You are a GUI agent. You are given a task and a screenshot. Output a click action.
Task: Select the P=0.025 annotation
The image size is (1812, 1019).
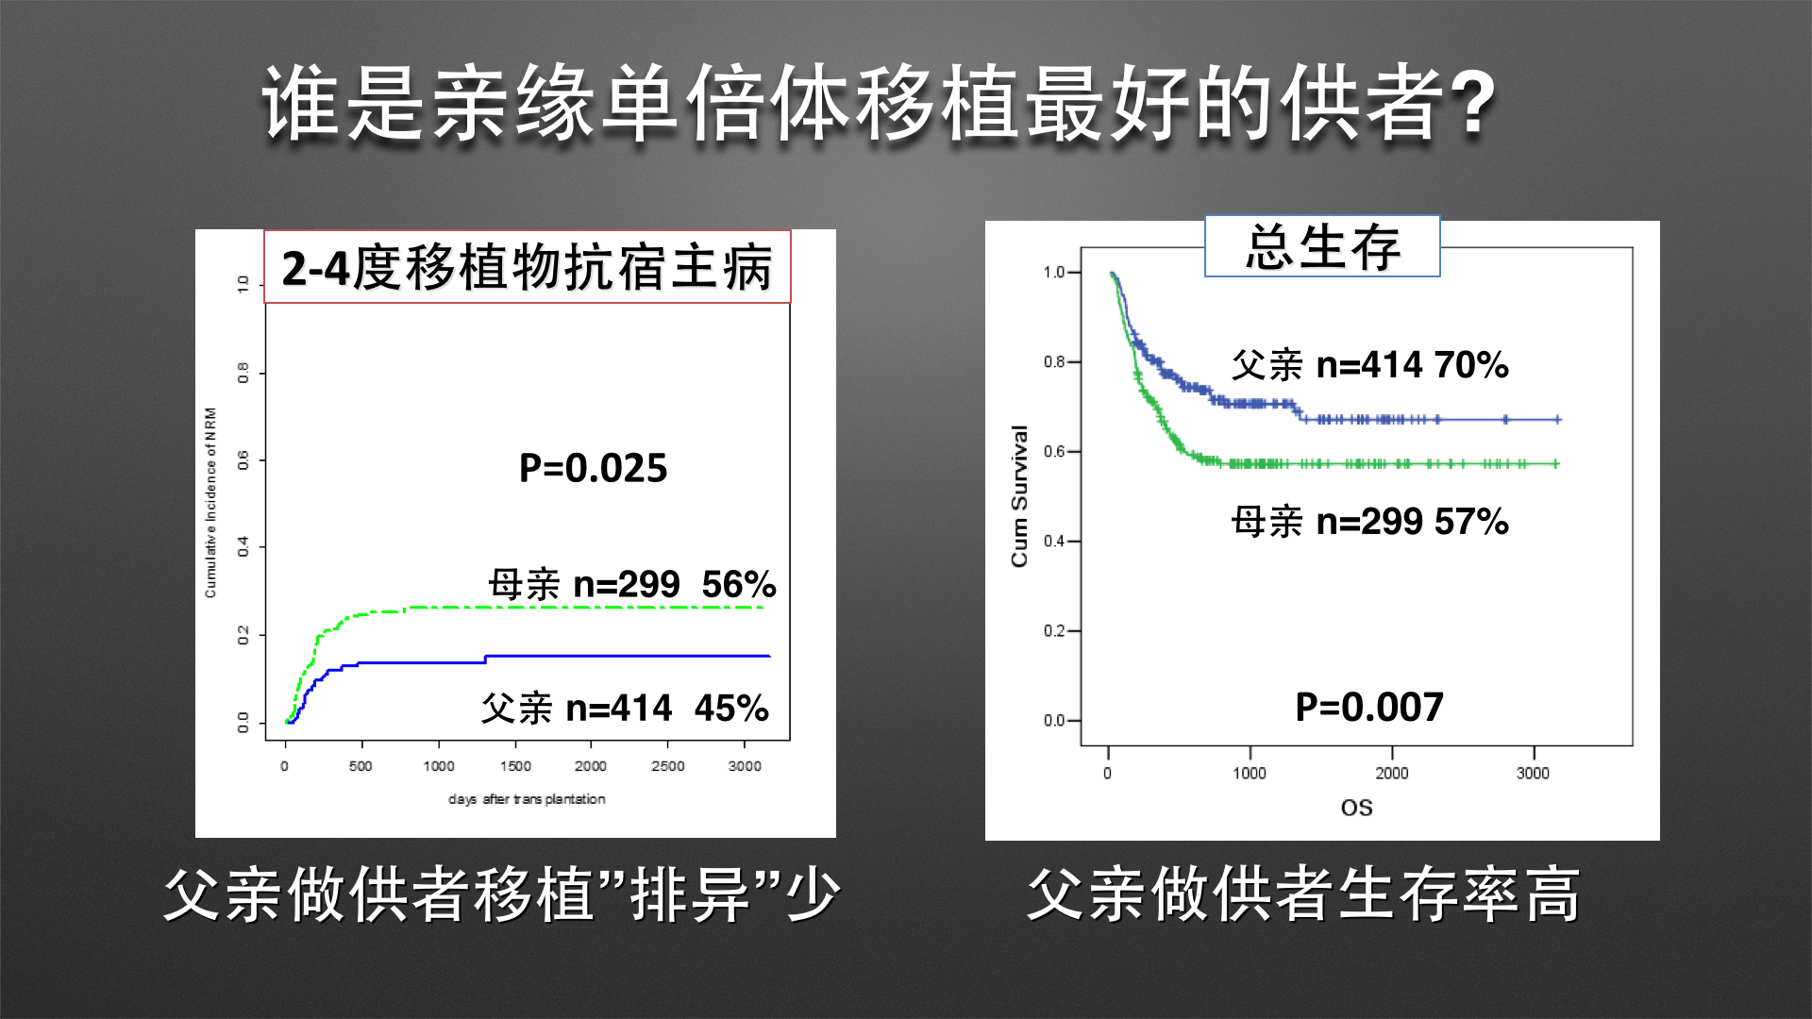(x=593, y=468)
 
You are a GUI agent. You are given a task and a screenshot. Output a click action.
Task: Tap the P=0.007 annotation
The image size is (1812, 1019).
(x=1368, y=707)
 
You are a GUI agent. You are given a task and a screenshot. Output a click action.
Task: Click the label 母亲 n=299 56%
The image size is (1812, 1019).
(x=631, y=585)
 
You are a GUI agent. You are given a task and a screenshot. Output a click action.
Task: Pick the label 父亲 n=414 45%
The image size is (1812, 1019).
(x=625, y=708)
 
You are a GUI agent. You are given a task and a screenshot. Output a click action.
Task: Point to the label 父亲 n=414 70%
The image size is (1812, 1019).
(x=1369, y=364)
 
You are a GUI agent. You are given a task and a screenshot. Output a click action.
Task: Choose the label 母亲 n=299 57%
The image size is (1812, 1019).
(x=1369, y=521)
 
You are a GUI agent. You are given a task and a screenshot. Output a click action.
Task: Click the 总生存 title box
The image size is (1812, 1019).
(x=1322, y=246)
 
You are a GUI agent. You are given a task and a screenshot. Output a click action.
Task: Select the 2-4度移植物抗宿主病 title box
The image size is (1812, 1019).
(x=527, y=267)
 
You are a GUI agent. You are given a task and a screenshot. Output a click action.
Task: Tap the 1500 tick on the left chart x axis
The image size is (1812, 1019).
(x=515, y=766)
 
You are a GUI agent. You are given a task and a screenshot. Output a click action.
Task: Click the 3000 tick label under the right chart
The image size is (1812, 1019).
(x=1533, y=774)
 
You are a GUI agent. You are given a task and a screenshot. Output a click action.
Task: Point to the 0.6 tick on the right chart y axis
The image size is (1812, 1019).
(x=1054, y=452)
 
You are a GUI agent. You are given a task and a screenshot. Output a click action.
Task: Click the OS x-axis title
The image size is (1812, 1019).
(x=1356, y=808)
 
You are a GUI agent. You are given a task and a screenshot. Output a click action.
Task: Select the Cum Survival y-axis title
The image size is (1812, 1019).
(x=1019, y=495)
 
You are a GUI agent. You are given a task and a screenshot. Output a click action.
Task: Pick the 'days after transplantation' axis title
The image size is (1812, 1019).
(x=527, y=799)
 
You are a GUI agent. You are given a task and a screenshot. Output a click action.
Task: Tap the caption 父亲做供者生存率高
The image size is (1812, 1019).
(x=1303, y=894)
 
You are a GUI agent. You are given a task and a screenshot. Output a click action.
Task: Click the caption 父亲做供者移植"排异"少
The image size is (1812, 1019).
(x=501, y=894)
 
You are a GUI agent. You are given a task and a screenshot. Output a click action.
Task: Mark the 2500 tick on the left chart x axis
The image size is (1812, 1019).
(x=667, y=766)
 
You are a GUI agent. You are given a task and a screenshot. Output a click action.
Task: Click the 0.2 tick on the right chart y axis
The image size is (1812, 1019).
(x=1054, y=631)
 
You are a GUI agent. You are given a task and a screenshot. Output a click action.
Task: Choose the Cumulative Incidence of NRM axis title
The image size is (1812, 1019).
(x=210, y=502)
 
